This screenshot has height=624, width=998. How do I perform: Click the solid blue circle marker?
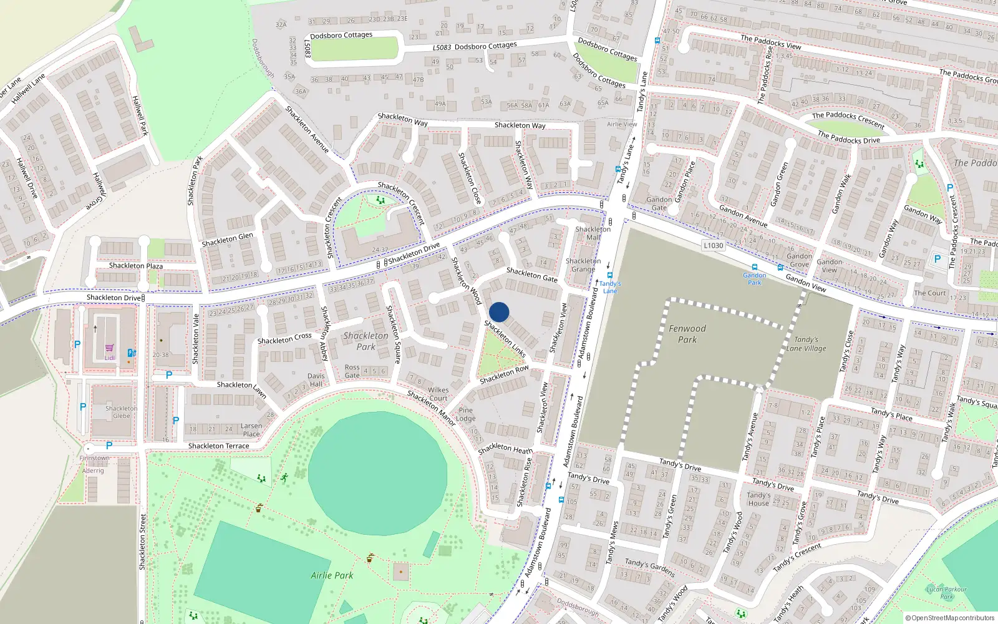click(499, 312)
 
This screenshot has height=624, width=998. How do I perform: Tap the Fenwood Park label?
click(687, 334)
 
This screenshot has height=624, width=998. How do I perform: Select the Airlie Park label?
click(332, 575)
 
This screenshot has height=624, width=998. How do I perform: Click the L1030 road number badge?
click(713, 245)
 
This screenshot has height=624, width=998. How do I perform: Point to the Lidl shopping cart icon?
click(110, 348)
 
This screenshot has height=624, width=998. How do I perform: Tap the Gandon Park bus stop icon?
click(754, 267)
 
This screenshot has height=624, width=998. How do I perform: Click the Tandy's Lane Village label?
click(806, 344)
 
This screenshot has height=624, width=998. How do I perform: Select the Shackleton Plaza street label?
click(136, 266)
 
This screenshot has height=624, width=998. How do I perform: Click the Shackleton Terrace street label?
click(218, 446)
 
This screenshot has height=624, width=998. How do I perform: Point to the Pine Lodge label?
click(466, 414)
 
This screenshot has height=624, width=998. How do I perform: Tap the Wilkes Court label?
click(438, 394)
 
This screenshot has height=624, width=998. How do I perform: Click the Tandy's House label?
click(758, 499)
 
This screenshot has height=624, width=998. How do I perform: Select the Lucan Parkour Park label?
click(946, 592)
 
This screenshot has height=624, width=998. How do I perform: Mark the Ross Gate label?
click(352, 371)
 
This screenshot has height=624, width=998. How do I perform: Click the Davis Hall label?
click(316, 380)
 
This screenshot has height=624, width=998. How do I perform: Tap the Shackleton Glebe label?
click(122, 412)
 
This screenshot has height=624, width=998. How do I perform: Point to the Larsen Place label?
click(251, 430)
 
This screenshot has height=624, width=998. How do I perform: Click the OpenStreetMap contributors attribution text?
click(952, 618)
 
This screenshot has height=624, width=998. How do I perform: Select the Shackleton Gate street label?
click(532, 275)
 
